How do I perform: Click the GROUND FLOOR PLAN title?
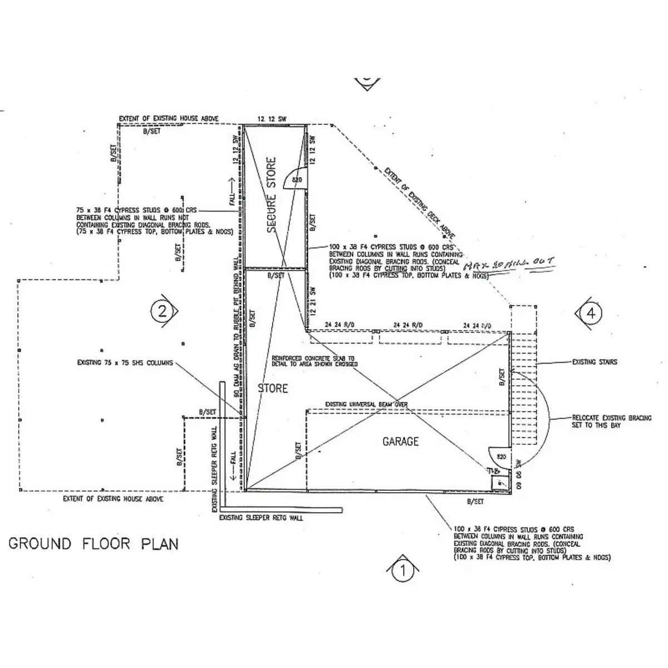(94, 543)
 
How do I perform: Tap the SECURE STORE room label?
(272, 195)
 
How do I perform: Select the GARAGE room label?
(400, 441)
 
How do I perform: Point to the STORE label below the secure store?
(273, 388)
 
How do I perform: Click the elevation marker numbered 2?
(162, 311)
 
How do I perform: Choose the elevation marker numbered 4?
(591, 313)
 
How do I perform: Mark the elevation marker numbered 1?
(402, 570)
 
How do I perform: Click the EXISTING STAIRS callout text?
(595, 362)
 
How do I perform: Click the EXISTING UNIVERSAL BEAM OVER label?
(367, 405)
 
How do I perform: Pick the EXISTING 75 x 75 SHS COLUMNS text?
(125, 363)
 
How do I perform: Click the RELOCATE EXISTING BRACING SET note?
(611, 421)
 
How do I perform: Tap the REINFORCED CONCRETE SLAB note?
(314, 361)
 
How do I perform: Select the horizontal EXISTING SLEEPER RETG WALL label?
(261, 518)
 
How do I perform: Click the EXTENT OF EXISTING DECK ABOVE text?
(418, 197)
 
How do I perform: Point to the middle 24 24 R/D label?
(408, 325)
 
